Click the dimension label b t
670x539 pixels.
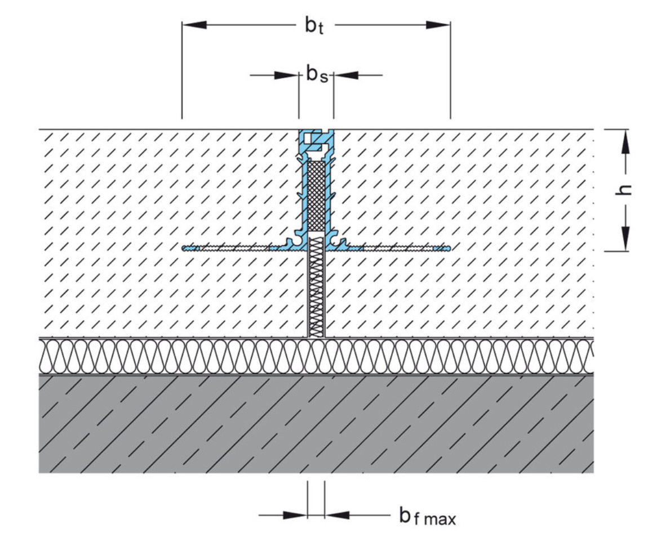pyautogui.click(x=314, y=26)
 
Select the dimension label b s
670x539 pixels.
pyautogui.click(x=317, y=75)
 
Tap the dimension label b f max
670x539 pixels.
pyautogui.click(x=427, y=515)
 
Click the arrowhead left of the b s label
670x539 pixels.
pyautogui.click(x=286, y=75)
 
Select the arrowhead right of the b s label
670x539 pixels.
pyautogui.click(x=347, y=75)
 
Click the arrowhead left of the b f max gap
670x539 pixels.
pyautogui.click(x=295, y=515)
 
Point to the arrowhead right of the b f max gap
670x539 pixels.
pyautogui.click(x=338, y=515)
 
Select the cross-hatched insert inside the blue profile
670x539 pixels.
pyautogui.click(x=317, y=194)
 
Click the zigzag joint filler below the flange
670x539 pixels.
pyautogui.click(x=317, y=287)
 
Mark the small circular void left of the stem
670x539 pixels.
pyautogui.click(x=293, y=241)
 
